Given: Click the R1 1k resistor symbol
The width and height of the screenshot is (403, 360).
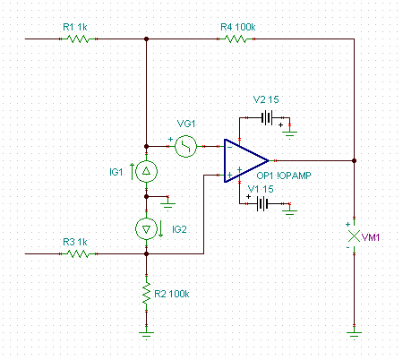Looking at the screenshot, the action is point(78,39).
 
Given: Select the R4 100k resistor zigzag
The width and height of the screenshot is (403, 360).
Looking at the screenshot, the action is point(236,39).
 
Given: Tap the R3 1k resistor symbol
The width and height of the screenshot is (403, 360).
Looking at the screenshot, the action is point(78,253).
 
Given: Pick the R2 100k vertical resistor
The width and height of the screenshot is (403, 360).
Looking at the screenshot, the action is point(146,293).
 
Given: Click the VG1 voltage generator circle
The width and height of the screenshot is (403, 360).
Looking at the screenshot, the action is point(185,146).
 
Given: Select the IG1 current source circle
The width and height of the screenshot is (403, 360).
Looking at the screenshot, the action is point(146,171).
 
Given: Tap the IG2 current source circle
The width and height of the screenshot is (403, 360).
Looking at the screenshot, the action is point(146,229).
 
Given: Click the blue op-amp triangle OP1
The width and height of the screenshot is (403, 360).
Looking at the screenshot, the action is point(246,160).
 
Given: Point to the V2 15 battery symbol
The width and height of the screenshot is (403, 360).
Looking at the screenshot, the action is point(267,117).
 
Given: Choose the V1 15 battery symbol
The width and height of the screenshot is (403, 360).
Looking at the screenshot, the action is point(262,204).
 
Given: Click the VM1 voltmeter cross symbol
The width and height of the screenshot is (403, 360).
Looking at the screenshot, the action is point(354,236).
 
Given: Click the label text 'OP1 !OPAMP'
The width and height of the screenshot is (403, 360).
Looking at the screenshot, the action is point(284,176).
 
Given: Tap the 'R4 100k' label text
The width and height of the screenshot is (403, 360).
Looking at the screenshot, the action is point(238,27).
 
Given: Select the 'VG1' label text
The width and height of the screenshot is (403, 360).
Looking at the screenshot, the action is point(186,124).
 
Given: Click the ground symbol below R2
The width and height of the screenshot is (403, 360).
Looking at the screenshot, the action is point(146,335).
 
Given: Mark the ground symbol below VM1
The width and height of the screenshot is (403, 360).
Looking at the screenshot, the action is point(354,335).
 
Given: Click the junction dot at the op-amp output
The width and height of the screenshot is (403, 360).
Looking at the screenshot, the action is point(354,160).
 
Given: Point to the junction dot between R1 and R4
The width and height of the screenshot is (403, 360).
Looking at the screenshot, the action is point(146,39).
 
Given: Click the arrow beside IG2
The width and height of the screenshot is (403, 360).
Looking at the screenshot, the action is point(160,229).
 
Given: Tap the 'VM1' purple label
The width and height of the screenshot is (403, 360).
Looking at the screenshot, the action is point(371,237).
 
